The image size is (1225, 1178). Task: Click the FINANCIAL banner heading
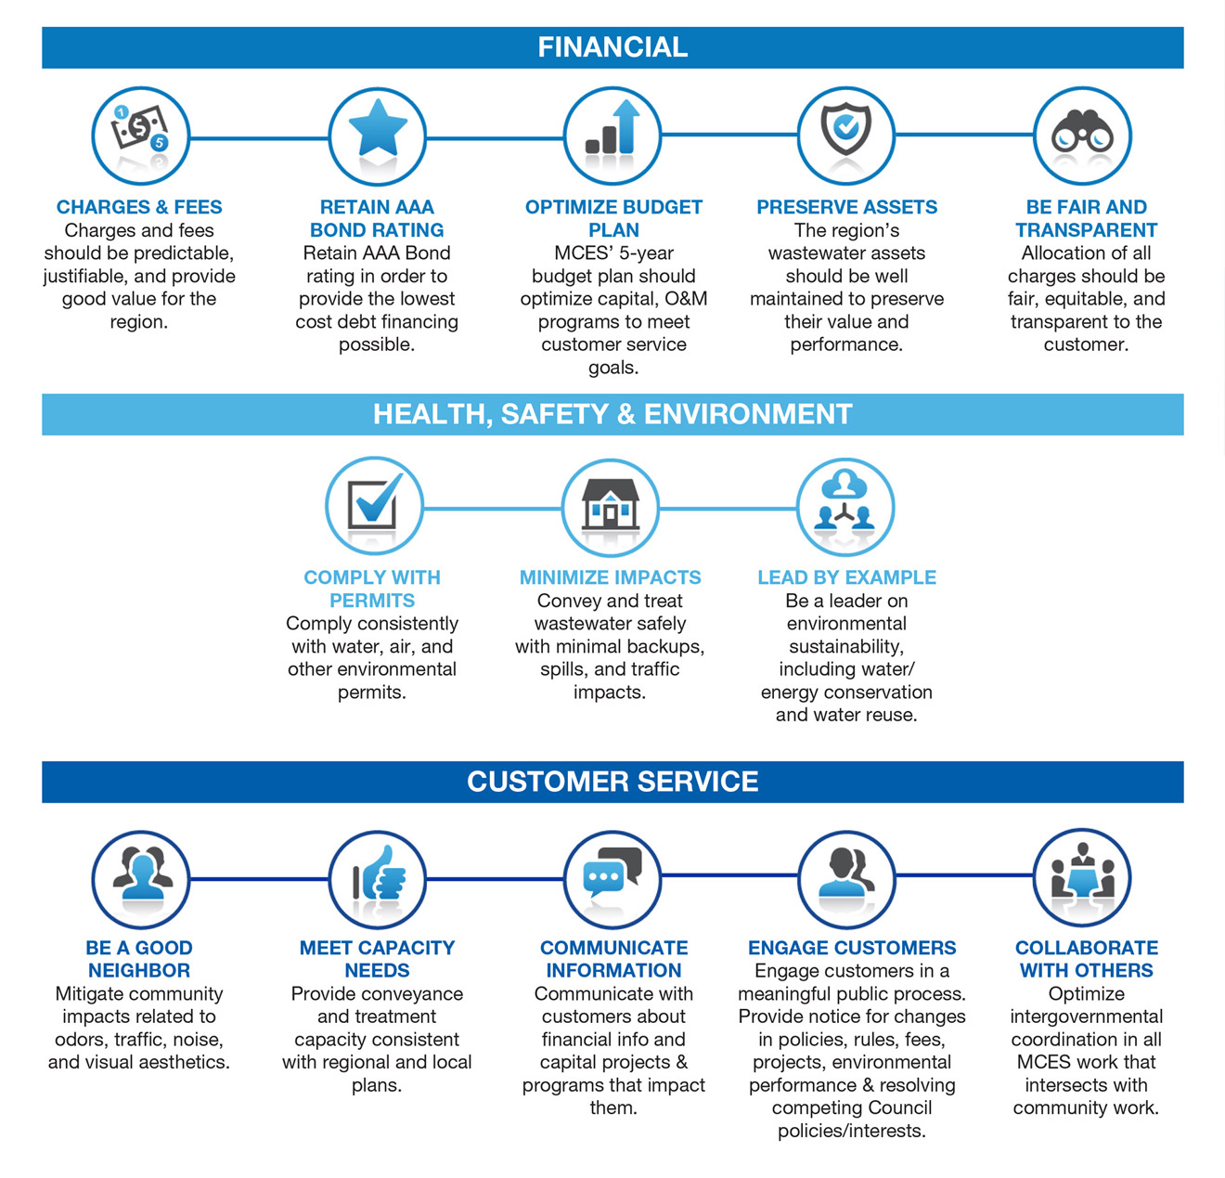pos(612,47)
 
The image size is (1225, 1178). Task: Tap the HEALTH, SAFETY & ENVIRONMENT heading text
pos(612,414)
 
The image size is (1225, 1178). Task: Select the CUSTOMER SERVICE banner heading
pos(612,782)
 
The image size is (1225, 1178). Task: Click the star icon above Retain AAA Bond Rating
pos(377,128)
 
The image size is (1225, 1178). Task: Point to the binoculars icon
pos(1082,132)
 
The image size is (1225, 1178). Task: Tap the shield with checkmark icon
pos(845,128)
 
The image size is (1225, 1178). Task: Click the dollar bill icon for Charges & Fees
pos(140,130)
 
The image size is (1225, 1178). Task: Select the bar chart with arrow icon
pos(612,127)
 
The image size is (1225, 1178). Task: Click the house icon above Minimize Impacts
pos(610,503)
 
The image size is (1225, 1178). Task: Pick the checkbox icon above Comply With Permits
pos(375,500)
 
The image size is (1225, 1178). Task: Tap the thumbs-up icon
pos(380,873)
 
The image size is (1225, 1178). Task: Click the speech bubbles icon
pos(612,873)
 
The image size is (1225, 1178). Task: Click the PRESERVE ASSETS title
pos(846,207)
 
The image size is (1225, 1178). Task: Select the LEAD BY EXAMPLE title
pos(846,577)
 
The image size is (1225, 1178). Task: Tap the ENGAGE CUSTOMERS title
pos(852,948)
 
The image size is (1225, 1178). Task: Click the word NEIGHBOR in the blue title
pos(139,970)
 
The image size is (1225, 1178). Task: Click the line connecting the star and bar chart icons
pos(495,138)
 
